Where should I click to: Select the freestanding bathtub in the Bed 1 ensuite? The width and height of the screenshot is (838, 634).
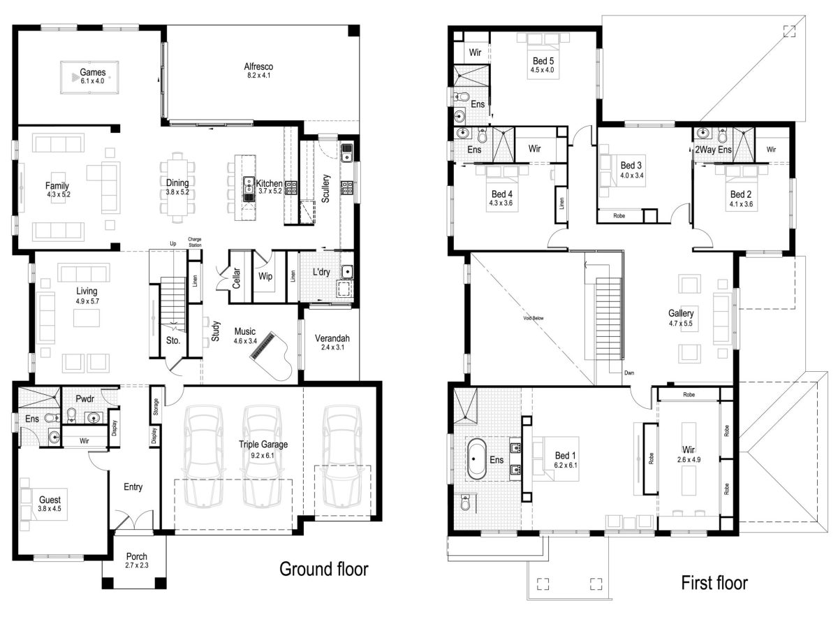(476, 459)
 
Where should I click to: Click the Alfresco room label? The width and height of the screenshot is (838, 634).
(258, 67)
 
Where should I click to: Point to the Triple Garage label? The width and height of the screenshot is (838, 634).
(263, 444)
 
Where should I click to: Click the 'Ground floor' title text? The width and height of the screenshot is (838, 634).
(323, 569)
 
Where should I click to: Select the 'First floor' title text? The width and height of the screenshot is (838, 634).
(714, 582)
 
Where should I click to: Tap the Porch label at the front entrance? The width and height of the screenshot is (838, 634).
(137, 556)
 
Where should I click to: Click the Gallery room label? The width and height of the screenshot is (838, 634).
(680, 313)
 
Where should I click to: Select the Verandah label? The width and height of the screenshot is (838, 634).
(332, 338)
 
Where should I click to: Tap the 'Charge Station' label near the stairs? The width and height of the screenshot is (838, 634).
(194, 242)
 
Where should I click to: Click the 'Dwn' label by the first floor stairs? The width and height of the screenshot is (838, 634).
(629, 373)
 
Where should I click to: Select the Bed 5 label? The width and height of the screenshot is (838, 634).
(542, 61)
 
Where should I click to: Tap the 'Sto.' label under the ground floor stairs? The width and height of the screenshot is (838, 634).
(173, 341)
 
